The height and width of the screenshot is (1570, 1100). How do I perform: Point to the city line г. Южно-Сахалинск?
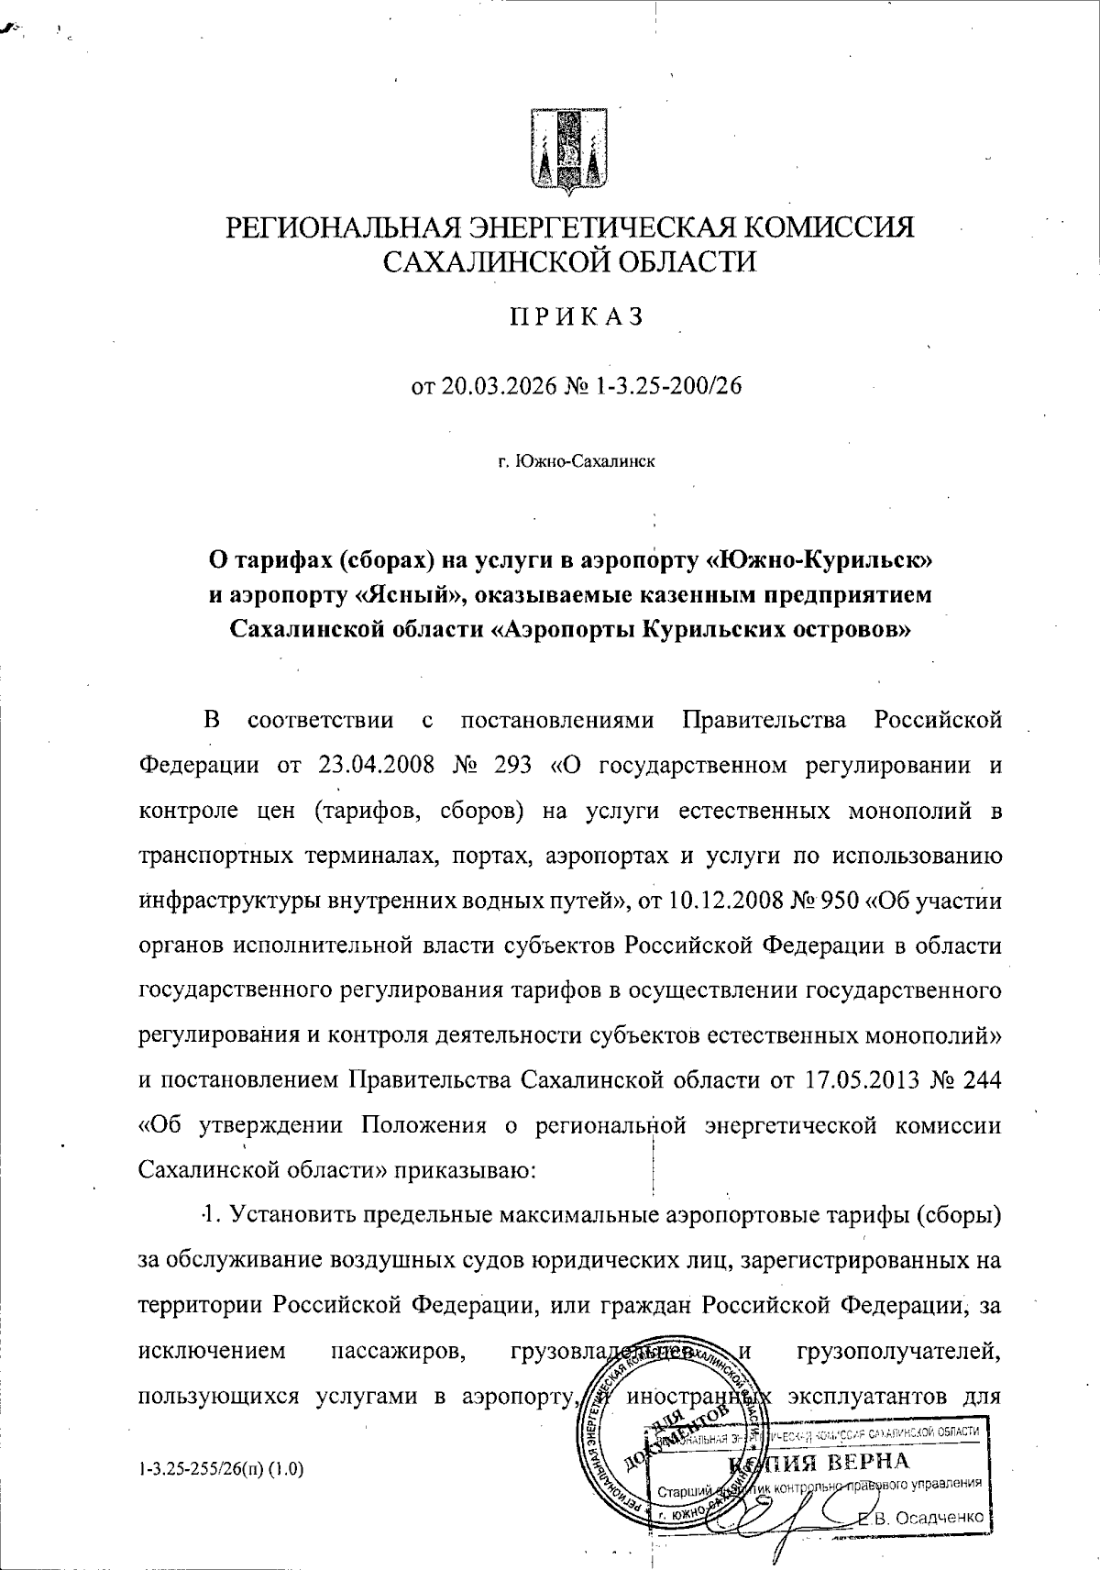point(577,461)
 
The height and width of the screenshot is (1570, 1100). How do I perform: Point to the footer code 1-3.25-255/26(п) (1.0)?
point(221,1469)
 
